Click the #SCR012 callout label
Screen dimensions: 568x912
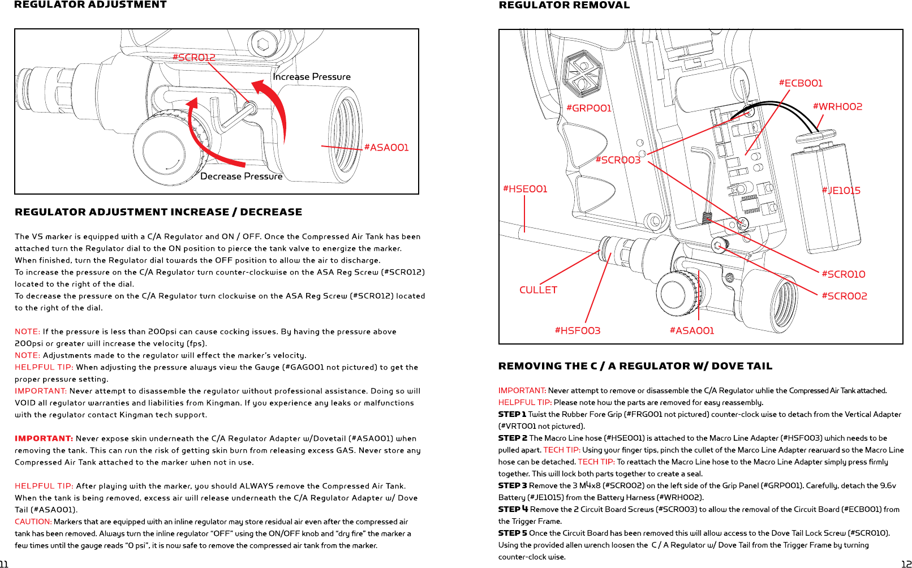[193, 58]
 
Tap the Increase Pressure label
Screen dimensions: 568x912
[312, 77]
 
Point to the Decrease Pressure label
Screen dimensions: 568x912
[241, 177]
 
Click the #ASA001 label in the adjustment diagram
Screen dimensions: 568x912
[386, 148]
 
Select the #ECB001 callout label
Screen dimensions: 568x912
[801, 83]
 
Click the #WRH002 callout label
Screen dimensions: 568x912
[837, 107]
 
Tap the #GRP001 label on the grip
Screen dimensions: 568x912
[589, 109]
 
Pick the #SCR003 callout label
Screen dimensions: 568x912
[618, 160]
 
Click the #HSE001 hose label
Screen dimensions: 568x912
[525, 189]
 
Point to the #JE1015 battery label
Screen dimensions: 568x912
[841, 191]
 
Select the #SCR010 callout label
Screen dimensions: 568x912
[844, 274]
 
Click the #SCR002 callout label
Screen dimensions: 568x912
[844, 296]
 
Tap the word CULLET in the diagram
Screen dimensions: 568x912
[538, 290]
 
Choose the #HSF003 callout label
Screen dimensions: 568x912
[577, 330]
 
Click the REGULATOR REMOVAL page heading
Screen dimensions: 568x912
[563, 5]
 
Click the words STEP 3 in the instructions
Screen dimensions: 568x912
[512, 485]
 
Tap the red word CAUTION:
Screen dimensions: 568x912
[33, 522]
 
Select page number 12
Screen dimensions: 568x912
[906, 564]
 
